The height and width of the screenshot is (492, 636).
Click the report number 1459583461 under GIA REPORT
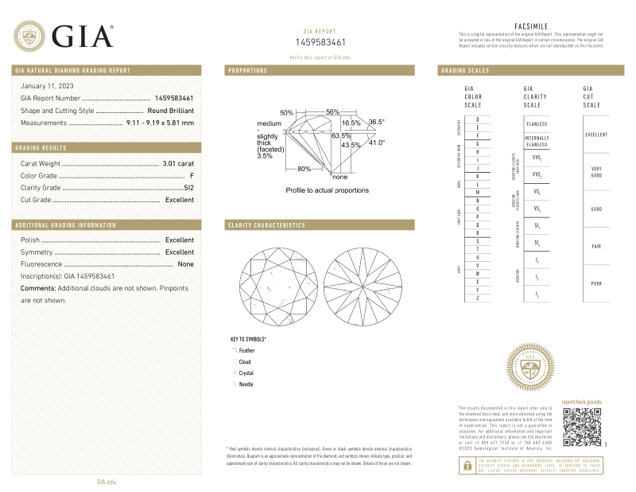tap(320, 41)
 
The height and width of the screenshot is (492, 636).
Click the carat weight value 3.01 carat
tap(178, 163)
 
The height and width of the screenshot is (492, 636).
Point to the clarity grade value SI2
tap(188, 187)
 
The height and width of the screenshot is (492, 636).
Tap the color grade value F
tap(192, 175)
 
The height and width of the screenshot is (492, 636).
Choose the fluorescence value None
tap(186, 264)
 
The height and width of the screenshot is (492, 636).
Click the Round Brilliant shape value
tap(170, 111)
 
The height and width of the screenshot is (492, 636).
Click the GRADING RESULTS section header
tap(41, 148)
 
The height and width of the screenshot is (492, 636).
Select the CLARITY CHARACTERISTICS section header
tap(266, 225)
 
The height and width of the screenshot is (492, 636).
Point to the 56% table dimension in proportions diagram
tap(332, 111)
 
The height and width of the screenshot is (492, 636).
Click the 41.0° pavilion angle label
tap(376, 143)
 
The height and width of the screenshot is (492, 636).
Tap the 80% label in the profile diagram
tap(304, 169)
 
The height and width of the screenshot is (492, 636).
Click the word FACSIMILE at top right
tap(532, 25)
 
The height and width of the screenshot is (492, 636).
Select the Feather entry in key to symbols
tap(246, 350)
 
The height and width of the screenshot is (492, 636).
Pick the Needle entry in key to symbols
tap(246, 384)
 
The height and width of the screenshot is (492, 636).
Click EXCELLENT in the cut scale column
tap(596, 135)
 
